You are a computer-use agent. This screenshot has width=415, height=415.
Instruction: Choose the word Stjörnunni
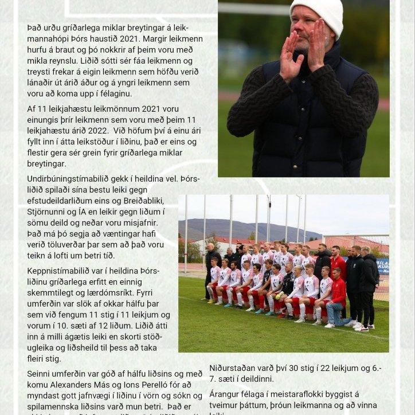48,212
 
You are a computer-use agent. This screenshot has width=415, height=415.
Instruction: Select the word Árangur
226,394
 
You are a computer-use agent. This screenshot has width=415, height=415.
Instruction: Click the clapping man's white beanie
316,14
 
